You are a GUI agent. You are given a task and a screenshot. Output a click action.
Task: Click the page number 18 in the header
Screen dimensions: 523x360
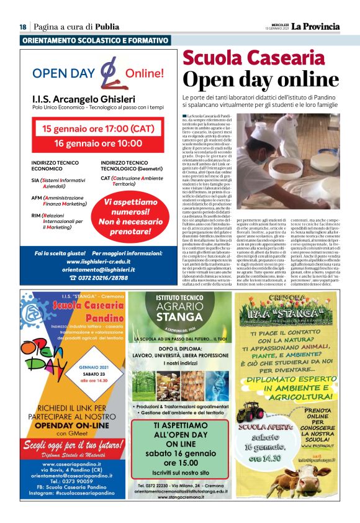point(22,27)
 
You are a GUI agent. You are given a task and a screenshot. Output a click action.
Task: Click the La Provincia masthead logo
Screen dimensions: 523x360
point(316,26)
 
